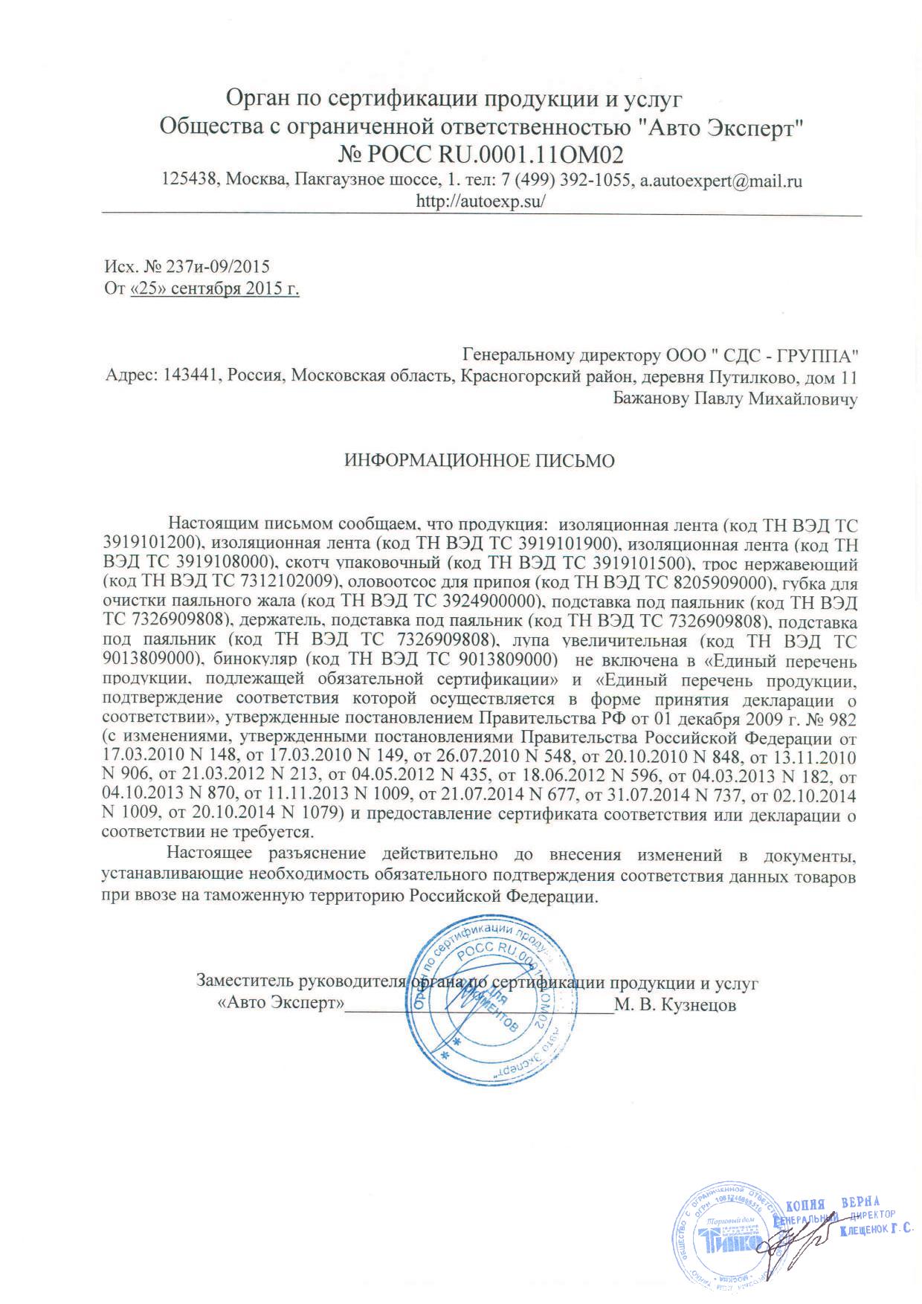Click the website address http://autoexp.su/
point(481,201)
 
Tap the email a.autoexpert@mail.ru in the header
point(721,181)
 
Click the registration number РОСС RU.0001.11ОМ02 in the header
point(481,155)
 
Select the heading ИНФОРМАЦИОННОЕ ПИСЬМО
point(480,461)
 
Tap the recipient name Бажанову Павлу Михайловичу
point(735,399)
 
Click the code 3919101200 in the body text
point(149,542)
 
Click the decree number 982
point(843,720)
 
